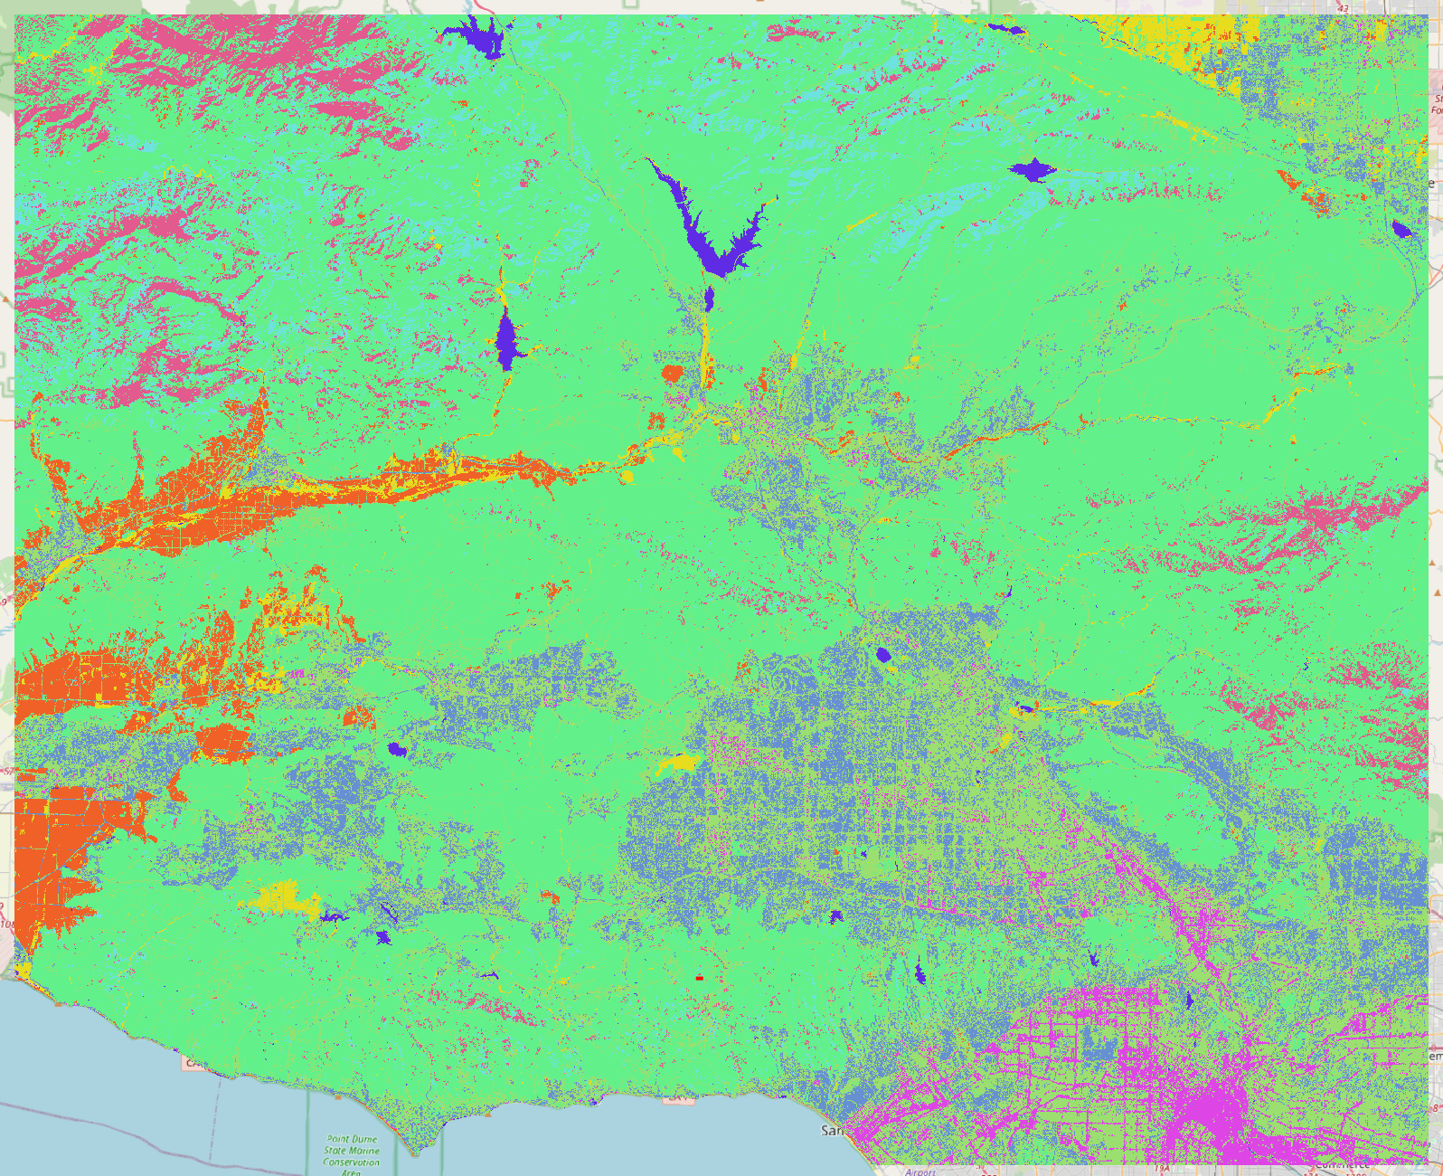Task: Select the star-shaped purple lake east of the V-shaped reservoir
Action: pos(1031,169)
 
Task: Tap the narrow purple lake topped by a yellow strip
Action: pos(505,339)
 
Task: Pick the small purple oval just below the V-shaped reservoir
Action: pos(709,298)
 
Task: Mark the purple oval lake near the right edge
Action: pos(1401,229)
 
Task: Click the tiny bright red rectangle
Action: pos(699,978)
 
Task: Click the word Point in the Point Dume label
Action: pos(338,1140)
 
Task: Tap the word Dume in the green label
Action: pos(364,1140)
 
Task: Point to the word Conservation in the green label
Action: pos(352,1162)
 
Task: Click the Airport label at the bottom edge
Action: pos(920,1171)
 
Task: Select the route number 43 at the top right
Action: pos(1343,8)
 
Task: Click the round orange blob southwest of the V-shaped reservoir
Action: pos(671,373)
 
